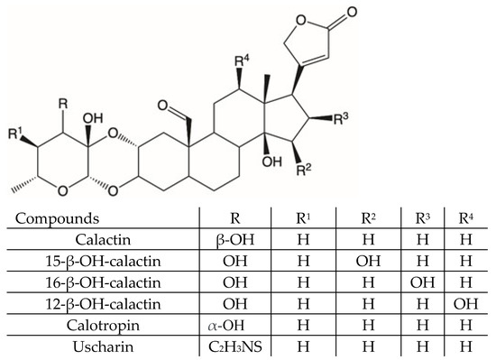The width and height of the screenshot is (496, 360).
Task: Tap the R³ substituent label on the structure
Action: [340, 117]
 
